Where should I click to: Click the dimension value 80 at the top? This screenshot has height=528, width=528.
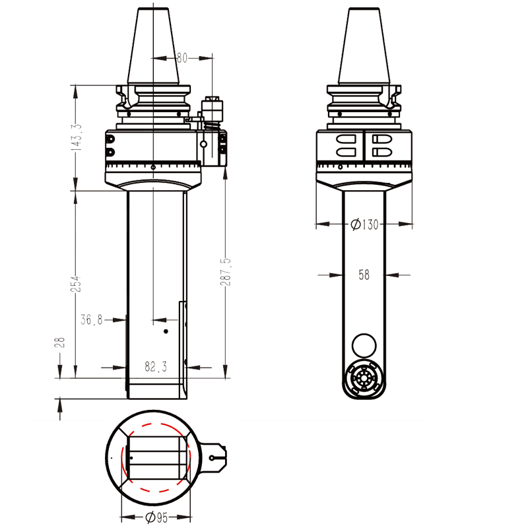pyautogui.click(x=182, y=58)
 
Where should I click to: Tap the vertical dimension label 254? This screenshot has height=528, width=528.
pyautogui.click(x=77, y=284)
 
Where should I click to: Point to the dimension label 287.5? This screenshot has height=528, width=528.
pyautogui.click(x=227, y=271)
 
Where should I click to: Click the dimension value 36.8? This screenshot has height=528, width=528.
pyautogui.click(x=92, y=319)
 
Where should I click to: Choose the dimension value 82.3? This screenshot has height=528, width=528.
pyautogui.click(x=156, y=365)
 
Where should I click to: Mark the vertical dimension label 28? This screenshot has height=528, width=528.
pyautogui.click(x=59, y=342)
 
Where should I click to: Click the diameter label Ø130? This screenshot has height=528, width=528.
pyautogui.click(x=365, y=224)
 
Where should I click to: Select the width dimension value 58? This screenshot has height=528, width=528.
pyautogui.click(x=364, y=275)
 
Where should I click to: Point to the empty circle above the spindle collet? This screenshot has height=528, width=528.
pyautogui.click(x=364, y=345)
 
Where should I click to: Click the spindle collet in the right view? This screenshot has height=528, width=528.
pyautogui.click(x=364, y=379)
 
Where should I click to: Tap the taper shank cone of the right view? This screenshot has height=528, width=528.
pyautogui.click(x=364, y=46)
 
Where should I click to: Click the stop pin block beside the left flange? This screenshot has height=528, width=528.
pyautogui.click(x=213, y=108)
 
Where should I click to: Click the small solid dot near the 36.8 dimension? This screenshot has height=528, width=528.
pyautogui.click(x=166, y=330)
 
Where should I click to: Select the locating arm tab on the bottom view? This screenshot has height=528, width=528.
pyautogui.click(x=214, y=457)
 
